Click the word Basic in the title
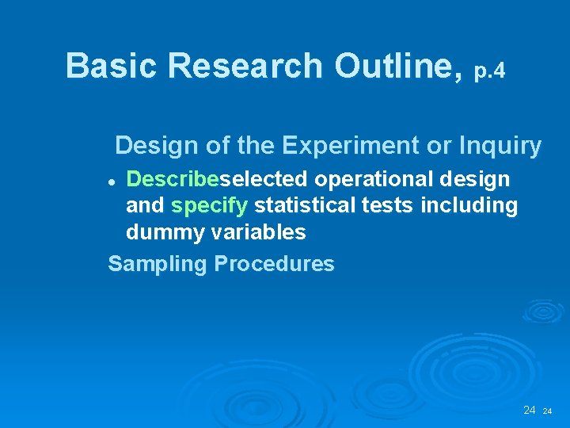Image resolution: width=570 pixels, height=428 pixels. pos(112,66)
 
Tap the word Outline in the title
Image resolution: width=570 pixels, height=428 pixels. pos(397,66)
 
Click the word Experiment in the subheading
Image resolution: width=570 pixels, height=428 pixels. pos(344,146)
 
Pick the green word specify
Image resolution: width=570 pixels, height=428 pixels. pos(210,206)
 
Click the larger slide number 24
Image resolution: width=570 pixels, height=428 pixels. pos(530,410)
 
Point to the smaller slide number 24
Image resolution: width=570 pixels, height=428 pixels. pos(547,411)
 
